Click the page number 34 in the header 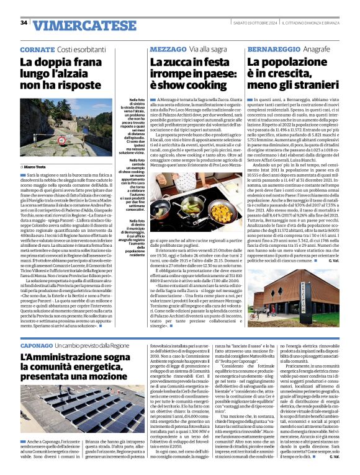24,23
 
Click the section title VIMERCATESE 77,25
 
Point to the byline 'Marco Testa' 35,167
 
